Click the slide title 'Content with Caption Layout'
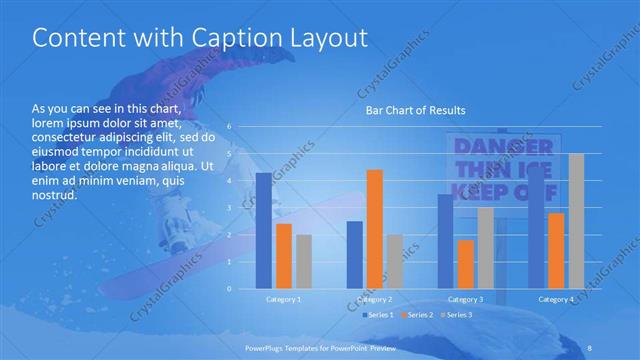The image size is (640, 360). [200, 38]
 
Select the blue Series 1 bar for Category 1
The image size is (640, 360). [263, 230]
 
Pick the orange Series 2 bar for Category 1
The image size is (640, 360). [284, 256]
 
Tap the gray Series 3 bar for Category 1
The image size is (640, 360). [304, 261]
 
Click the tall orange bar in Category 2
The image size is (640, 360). [374, 229]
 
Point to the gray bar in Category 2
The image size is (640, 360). [394, 261]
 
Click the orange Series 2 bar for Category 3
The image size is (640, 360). [465, 264]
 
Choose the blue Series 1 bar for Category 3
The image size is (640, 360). [445, 241]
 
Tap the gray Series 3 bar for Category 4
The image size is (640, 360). [576, 221]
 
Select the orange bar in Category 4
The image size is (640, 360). [556, 250]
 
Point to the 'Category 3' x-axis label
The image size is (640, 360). [465, 299]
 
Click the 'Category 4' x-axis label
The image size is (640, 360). [556, 299]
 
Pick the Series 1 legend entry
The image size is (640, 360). [379, 315]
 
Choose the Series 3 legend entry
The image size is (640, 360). [457, 315]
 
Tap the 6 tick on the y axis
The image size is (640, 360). [229, 127]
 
